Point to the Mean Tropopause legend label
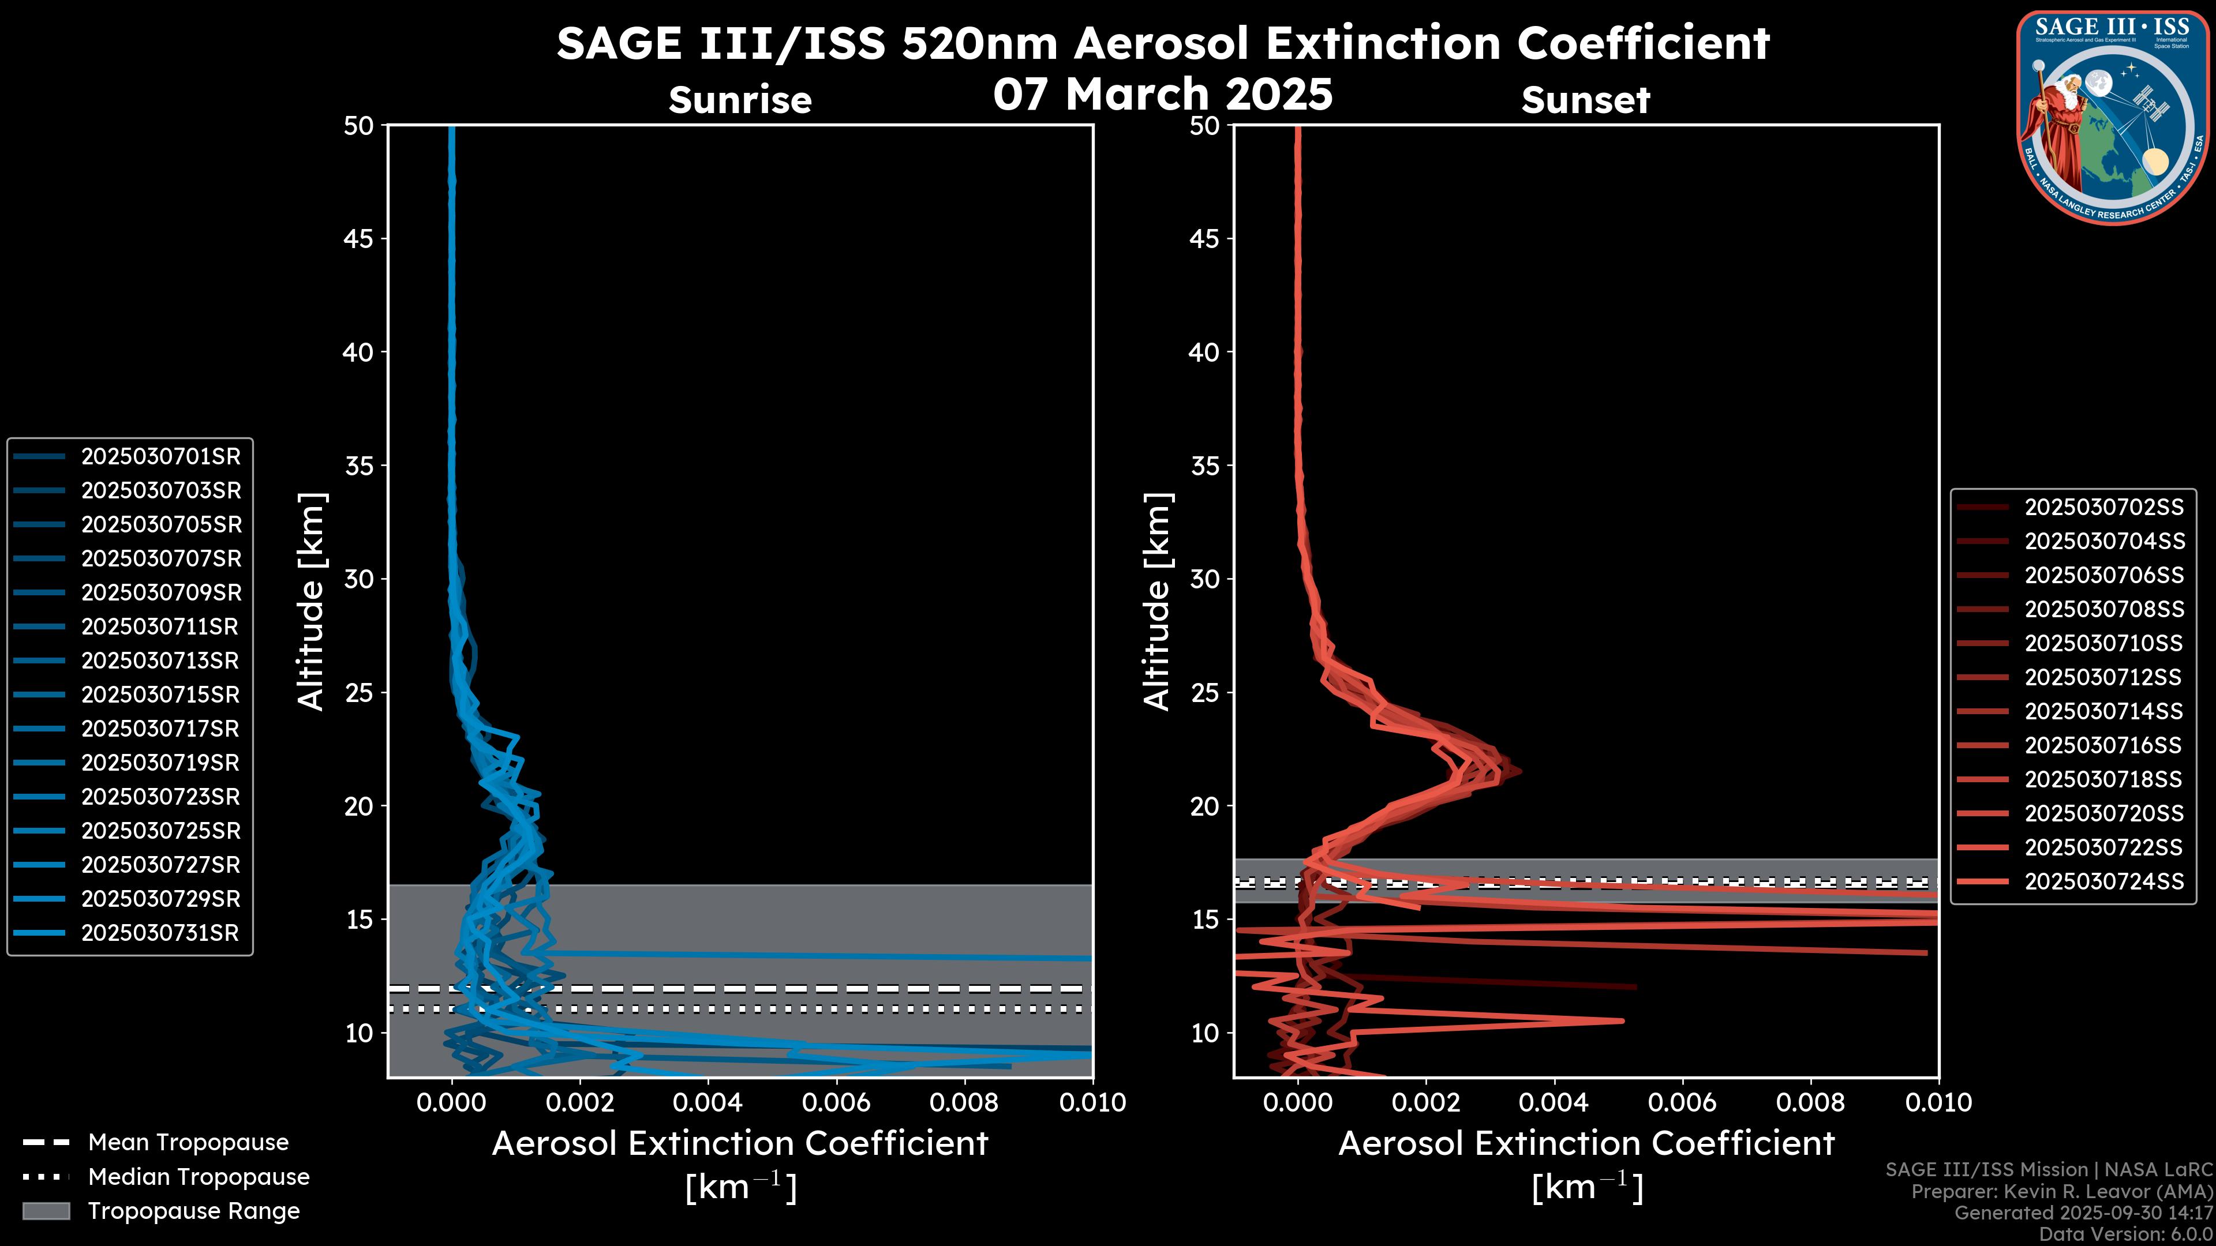(188, 1143)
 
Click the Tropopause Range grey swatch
(46, 1211)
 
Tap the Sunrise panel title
(740, 100)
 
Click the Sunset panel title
(1585, 100)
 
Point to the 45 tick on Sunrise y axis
(359, 239)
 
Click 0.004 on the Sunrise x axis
(707, 1102)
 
